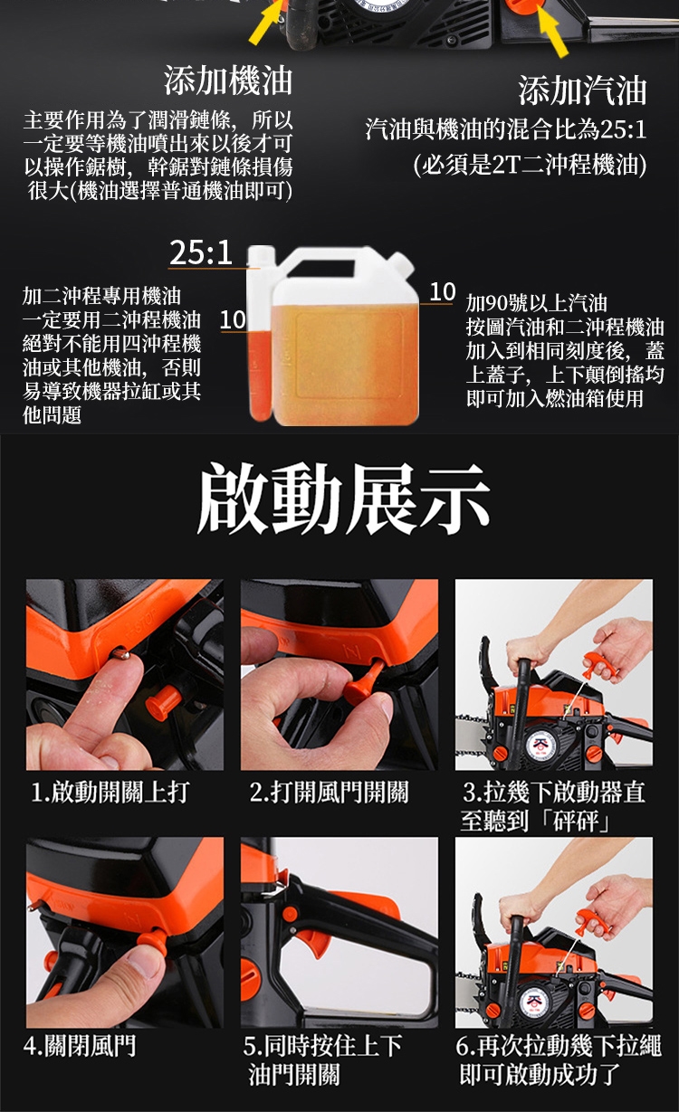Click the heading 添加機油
(x=228, y=81)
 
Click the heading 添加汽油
(x=583, y=90)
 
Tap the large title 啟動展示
(x=344, y=499)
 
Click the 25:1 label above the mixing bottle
(x=201, y=252)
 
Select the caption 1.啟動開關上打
(x=110, y=792)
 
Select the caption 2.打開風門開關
(x=330, y=792)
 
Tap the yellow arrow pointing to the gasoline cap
(x=553, y=32)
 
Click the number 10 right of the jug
(x=442, y=292)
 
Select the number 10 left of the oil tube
(x=233, y=320)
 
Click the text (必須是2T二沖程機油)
(x=530, y=165)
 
